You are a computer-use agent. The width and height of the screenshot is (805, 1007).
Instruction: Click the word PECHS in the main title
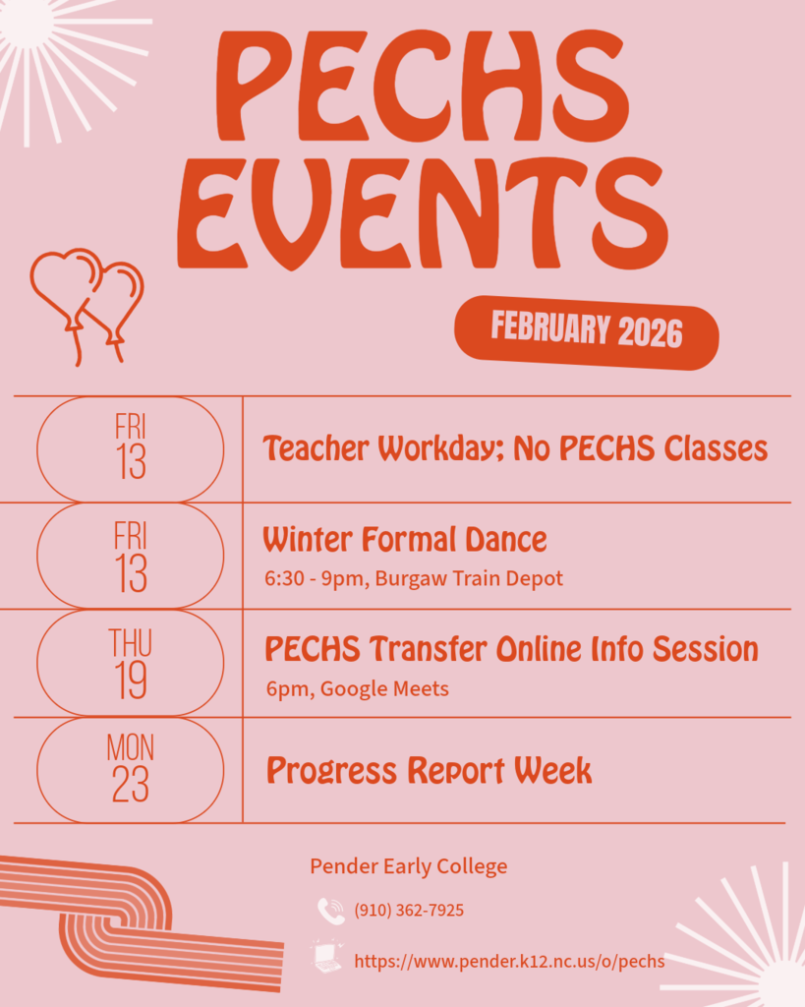pyautogui.click(x=420, y=89)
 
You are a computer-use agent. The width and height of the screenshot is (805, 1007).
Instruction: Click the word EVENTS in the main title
pyautogui.click(x=423, y=211)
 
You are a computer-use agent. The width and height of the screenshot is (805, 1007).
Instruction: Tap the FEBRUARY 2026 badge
pyautogui.click(x=586, y=331)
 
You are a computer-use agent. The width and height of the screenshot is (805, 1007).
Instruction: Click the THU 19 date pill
pyautogui.click(x=130, y=663)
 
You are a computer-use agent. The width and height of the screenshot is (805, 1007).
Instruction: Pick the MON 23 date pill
pyautogui.click(x=130, y=770)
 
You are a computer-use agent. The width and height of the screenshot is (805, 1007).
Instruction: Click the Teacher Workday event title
pyautogui.click(x=515, y=449)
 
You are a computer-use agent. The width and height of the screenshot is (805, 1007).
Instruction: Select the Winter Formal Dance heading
pyautogui.click(x=404, y=540)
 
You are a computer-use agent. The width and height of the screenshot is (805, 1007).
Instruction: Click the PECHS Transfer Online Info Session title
pyautogui.click(x=511, y=649)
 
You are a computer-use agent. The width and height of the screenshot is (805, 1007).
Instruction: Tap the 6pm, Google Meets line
pyautogui.click(x=357, y=688)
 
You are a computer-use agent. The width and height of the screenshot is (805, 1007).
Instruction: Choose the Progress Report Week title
pyautogui.click(x=429, y=771)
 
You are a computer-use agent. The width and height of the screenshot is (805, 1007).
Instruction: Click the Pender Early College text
pyautogui.click(x=409, y=866)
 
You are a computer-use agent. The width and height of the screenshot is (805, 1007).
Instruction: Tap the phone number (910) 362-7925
pyautogui.click(x=409, y=911)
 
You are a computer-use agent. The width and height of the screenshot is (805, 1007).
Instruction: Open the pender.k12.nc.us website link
pyautogui.click(x=509, y=961)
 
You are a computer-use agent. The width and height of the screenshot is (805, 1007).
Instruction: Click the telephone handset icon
pyautogui.click(x=330, y=912)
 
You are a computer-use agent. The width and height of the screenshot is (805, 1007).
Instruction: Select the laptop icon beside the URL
pyautogui.click(x=327, y=957)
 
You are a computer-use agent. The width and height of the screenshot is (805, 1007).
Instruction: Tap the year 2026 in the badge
pyautogui.click(x=650, y=333)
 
